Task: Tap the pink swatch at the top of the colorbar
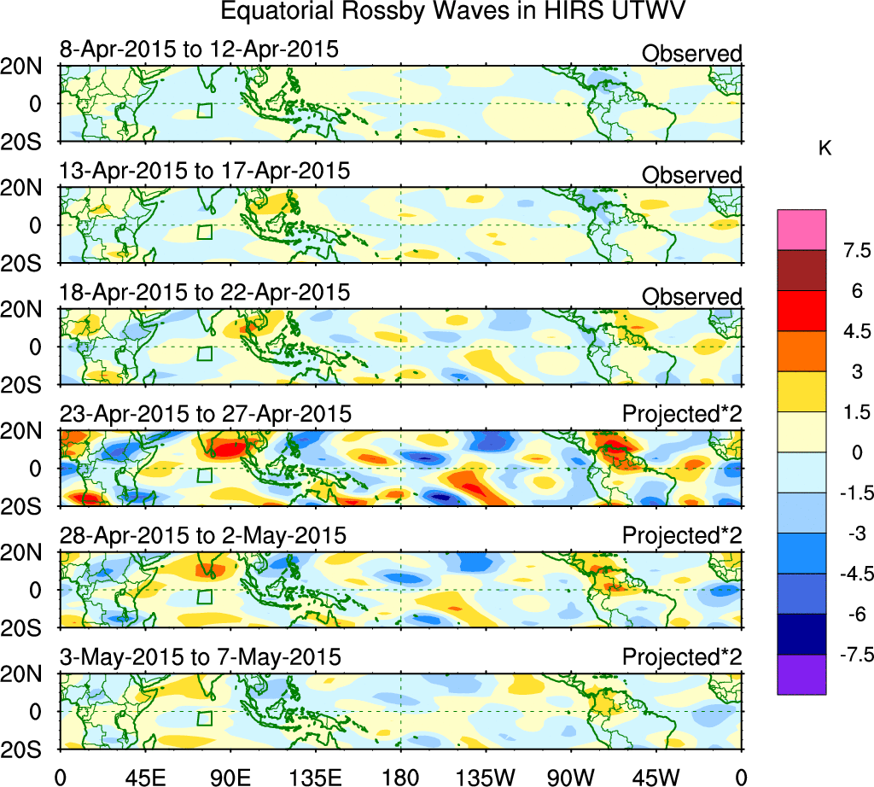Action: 801,228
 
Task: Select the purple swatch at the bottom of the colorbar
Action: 801,674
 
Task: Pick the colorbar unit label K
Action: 824,149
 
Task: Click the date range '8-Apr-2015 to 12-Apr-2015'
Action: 199,50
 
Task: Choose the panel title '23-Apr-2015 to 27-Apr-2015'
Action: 205,415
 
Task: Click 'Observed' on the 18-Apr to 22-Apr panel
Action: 691,296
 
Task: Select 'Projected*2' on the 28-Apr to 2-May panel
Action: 682,536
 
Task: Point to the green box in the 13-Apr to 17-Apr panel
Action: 205,231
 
